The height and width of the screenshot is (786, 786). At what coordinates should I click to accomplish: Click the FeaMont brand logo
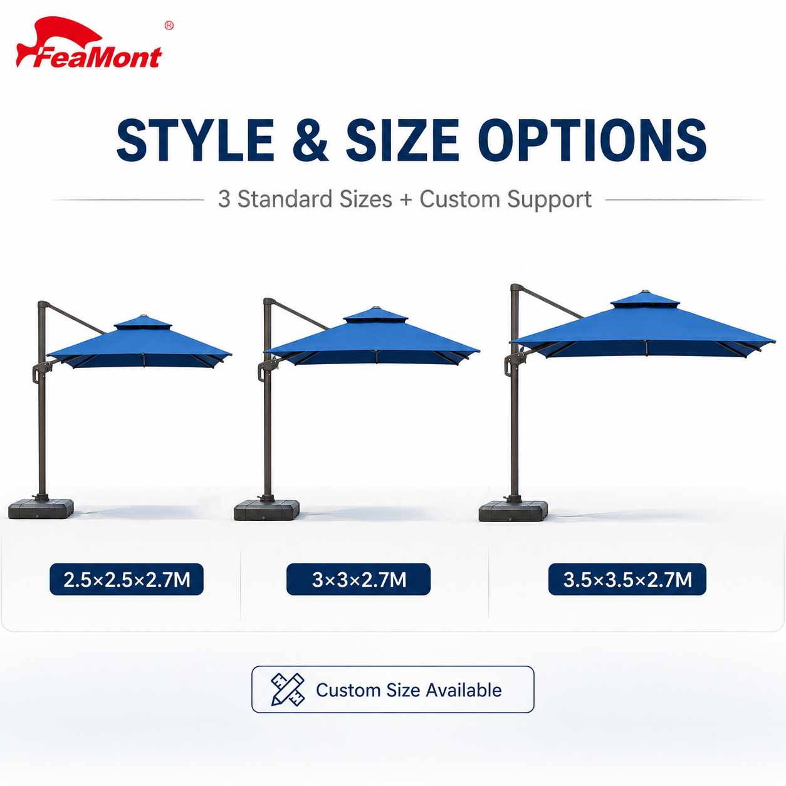click(89, 43)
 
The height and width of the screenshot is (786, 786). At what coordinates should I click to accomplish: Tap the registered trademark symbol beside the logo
click(169, 26)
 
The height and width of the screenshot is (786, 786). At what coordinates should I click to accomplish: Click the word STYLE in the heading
click(195, 140)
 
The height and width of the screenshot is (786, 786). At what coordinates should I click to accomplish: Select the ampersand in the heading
click(311, 140)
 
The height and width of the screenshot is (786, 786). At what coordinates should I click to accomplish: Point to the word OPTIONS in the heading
click(592, 140)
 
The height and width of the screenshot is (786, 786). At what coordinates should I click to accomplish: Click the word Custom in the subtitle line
click(459, 199)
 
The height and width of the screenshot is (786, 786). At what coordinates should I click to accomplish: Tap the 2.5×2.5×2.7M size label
click(127, 579)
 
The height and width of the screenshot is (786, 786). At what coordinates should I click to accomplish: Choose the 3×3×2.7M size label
click(359, 579)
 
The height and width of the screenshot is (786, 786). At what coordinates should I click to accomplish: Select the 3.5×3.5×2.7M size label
click(627, 579)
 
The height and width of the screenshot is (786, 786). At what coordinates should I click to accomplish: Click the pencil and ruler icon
click(288, 689)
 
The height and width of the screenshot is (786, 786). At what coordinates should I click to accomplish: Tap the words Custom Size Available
click(409, 690)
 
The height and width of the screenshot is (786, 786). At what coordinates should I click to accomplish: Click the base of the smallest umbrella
click(41, 508)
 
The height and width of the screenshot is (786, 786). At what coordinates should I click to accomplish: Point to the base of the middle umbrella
click(266, 510)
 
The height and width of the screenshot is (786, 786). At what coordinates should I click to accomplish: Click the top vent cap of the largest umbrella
click(645, 300)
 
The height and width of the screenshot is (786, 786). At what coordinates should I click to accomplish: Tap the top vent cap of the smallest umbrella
click(142, 322)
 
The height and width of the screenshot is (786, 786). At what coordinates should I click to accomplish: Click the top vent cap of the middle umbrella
click(375, 315)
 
